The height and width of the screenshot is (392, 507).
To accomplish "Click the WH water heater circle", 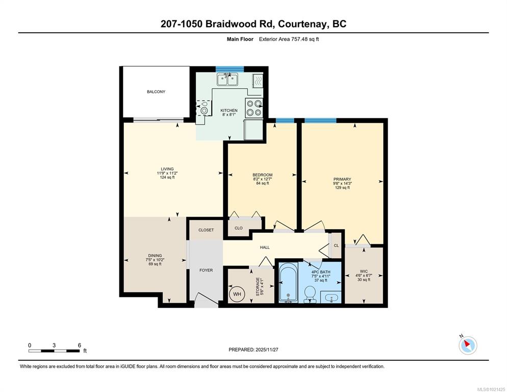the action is coord(237,294).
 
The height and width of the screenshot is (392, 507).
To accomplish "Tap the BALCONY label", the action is coord(156,91).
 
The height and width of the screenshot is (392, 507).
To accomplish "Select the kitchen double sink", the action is coord(227,80).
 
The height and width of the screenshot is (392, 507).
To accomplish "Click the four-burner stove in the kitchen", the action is coord(253,108).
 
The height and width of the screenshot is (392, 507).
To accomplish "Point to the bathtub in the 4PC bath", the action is coord(288,282).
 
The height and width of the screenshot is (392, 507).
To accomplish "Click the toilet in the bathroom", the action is coord(310,294).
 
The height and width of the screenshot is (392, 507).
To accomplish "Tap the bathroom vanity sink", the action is coord(330,297).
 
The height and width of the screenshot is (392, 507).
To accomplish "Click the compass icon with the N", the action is coord(468,345).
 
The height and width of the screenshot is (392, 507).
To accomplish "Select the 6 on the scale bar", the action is coord(79,346).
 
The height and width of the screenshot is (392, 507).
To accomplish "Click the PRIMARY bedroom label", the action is coord(342,179).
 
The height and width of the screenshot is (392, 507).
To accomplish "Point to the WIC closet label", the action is coord(364,271).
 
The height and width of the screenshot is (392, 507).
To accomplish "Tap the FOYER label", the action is coord(206,270).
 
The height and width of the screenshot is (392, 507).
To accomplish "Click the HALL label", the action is coord(265,248).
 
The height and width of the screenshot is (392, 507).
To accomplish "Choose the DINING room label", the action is coord(155,255).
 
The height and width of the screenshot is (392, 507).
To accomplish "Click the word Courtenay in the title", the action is coord(301,24).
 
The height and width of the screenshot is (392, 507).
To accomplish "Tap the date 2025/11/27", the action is coord(267,350).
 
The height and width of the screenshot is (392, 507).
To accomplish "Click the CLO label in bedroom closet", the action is coord(239,228).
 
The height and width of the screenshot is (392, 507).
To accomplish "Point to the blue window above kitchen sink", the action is coord(230,68).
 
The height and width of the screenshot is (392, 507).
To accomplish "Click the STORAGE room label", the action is coord(258,286).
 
